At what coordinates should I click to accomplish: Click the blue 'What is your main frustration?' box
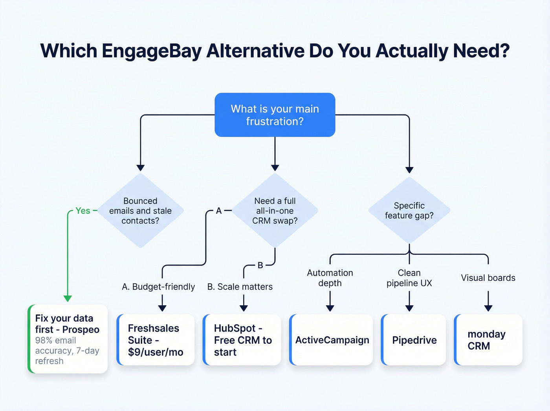(x=275, y=115)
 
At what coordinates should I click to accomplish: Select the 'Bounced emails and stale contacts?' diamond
(x=140, y=211)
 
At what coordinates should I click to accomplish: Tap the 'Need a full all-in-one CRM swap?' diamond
(x=275, y=211)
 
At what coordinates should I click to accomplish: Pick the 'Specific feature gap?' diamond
(x=409, y=210)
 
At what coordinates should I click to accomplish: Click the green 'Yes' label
(x=83, y=211)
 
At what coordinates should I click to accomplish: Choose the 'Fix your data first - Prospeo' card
(x=68, y=339)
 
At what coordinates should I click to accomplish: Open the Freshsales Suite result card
(x=156, y=340)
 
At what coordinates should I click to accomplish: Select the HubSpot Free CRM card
(x=242, y=340)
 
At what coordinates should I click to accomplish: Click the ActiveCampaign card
(x=331, y=340)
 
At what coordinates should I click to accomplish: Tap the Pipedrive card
(x=414, y=340)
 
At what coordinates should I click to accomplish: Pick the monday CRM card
(x=488, y=340)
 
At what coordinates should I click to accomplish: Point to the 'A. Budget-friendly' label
(x=158, y=287)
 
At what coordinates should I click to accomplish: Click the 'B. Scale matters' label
(x=240, y=287)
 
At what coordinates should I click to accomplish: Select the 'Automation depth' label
(x=330, y=278)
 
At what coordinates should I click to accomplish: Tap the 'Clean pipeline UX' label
(x=409, y=278)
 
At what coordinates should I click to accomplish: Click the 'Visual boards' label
(x=488, y=278)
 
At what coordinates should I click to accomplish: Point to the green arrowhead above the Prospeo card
(x=68, y=299)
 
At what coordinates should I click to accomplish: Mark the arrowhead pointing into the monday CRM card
(x=488, y=308)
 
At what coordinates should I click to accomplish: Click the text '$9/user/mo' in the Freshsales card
(x=156, y=352)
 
